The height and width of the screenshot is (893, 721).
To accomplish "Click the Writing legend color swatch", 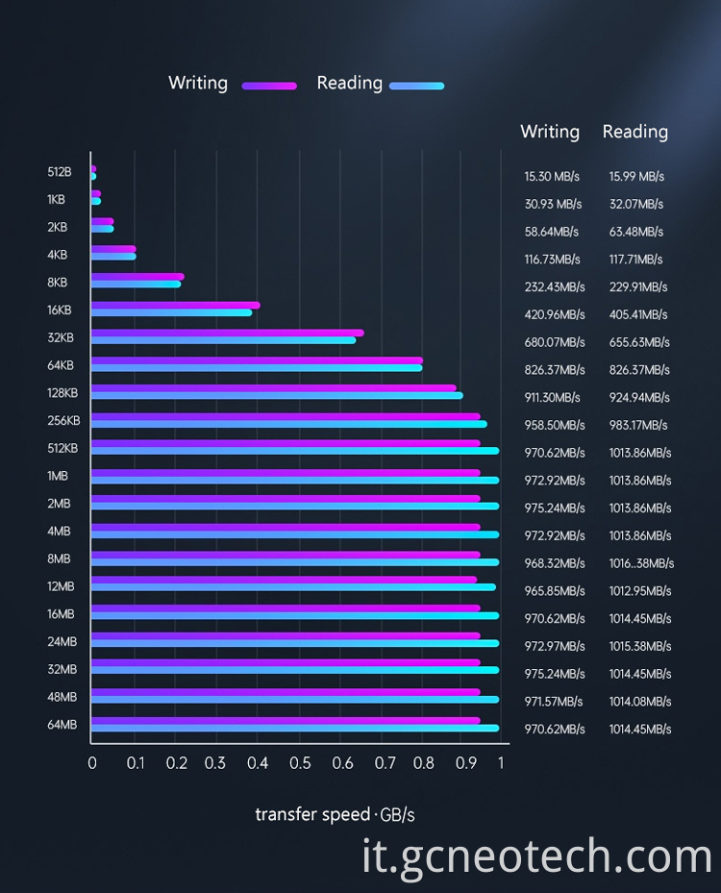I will [269, 86].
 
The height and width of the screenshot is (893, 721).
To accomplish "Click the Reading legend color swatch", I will [416, 86].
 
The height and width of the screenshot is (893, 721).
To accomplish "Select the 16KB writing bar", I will [175, 306].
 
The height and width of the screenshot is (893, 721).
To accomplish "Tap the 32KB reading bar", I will [223, 339].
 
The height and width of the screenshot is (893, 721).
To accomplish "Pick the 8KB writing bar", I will [137, 278].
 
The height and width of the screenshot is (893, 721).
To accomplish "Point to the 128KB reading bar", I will [277, 395].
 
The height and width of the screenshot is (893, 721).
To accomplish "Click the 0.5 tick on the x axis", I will [300, 762].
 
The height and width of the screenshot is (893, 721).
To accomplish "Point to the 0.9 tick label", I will [466, 762].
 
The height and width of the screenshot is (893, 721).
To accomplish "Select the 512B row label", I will [60, 172].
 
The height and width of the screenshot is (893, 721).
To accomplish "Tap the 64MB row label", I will [62, 725].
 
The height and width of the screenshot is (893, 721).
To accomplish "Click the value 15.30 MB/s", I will [554, 177].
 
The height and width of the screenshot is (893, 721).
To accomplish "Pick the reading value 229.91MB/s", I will [638, 287].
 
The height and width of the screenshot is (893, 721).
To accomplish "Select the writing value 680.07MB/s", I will [555, 342].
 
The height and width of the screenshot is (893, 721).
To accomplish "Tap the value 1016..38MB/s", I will [641, 563].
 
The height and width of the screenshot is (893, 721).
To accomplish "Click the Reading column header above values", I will [634, 132].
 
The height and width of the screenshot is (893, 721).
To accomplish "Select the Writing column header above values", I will [550, 132].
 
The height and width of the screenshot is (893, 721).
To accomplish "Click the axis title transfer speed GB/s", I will [335, 815].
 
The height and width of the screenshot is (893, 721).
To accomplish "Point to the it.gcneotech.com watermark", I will [537, 856].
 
